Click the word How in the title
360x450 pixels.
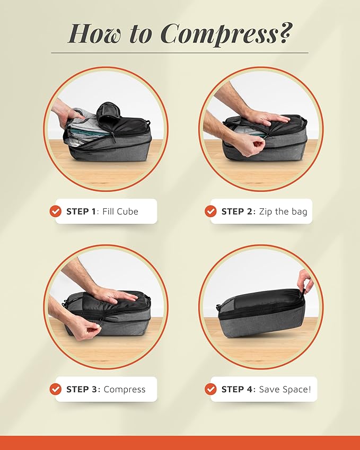pos(95,33)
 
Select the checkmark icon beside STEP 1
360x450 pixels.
pos(56,211)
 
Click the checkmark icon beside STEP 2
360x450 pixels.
pos(210,211)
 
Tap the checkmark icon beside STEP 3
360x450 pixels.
pos(56,389)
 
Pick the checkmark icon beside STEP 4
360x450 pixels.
pos(210,389)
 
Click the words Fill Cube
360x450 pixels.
pos(120,211)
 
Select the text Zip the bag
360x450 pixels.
pos(283,212)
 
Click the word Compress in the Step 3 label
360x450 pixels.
pos(125,390)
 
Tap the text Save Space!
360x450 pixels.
pos(285,390)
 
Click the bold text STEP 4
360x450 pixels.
pos(237,390)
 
